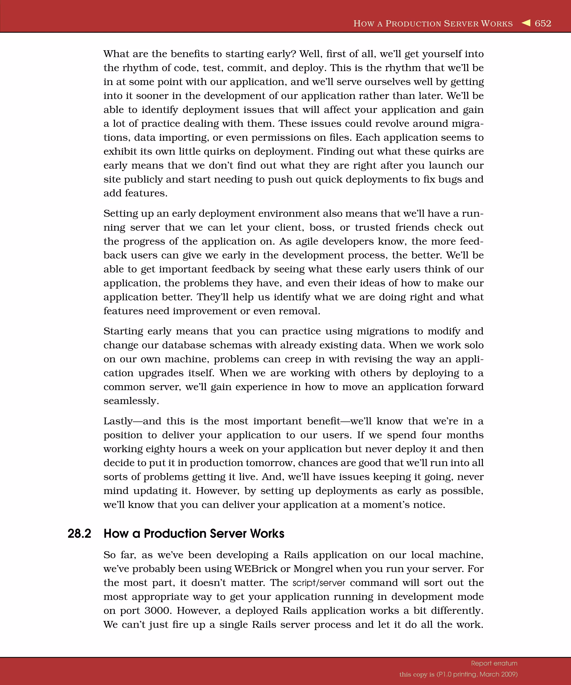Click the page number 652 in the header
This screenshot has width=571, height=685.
(x=543, y=23)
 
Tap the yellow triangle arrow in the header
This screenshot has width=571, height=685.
(x=526, y=23)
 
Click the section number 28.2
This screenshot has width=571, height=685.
(x=79, y=534)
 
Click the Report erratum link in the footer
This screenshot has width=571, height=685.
(x=494, y=663)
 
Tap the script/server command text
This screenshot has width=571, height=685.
(x=318, y=583)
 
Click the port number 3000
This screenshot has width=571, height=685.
(x=158, y=611)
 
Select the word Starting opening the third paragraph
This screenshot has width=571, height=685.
(x=123, y=331)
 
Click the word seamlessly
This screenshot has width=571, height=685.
(x=131, y=401)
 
